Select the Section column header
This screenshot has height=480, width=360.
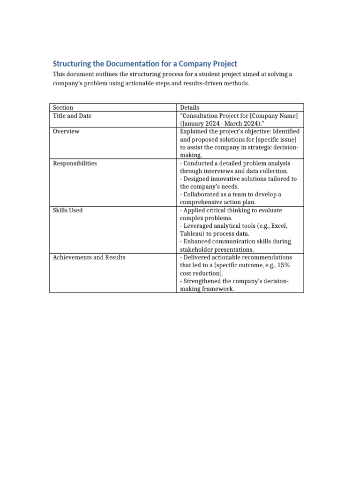tap(63, 107)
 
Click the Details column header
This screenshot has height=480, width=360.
tap(189, 107)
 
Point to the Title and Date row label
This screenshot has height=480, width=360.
tap(72, 115)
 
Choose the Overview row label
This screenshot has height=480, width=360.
tap(66, 131)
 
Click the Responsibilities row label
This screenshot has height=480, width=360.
tap(75, 163)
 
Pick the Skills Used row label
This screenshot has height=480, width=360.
tap(67, 210)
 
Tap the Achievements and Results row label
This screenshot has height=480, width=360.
tap(89, 257)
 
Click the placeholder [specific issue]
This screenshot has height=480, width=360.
tap(273, 139)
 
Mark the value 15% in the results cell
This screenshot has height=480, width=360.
tap(283, 265)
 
